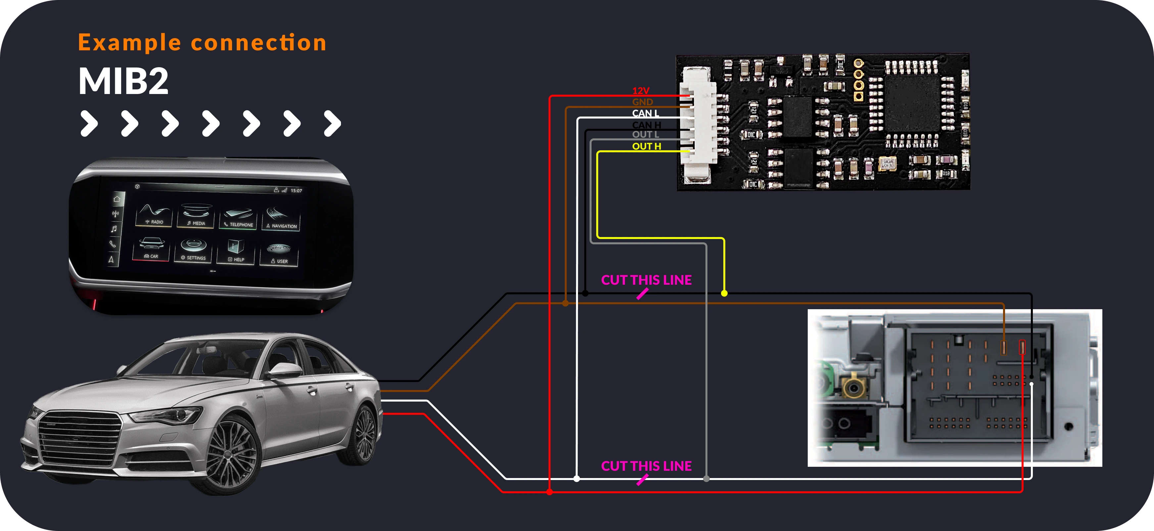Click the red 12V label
(641, 90)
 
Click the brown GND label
(643, 102)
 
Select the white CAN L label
(645, 113)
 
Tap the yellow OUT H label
(647, 146)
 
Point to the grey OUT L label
(645, 134)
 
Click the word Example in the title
(129, 43)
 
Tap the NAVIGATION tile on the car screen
(281, 219)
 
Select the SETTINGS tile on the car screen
(194, 251)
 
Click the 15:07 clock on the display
(296, 190)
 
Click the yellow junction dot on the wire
(724, 294)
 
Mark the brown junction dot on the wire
(565, 303)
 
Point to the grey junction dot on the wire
(706, 479)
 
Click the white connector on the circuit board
(697, 125)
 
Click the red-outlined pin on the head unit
(1022, 347)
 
